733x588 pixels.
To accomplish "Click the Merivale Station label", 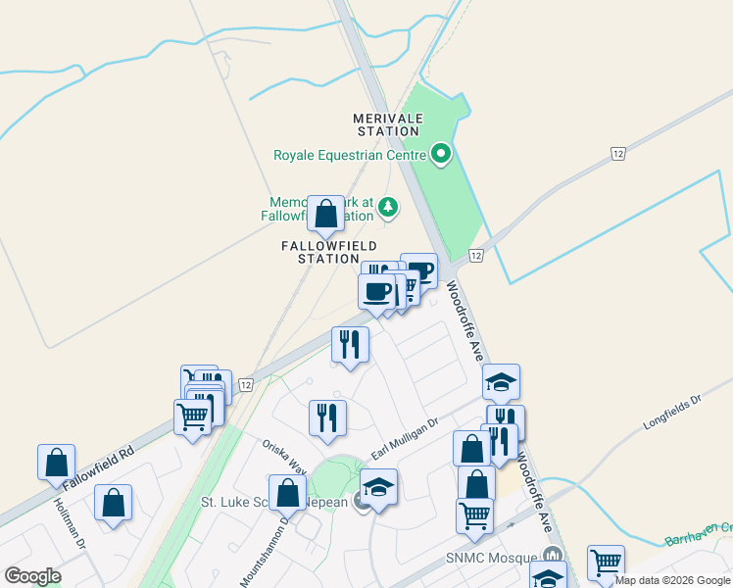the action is [388, 124].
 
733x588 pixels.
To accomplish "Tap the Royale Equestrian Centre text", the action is [349, 155].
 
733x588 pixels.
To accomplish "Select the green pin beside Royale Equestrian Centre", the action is [441, 153].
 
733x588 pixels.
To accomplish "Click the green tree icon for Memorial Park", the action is [389, 207].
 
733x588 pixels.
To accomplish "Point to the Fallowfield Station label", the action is [329, 252].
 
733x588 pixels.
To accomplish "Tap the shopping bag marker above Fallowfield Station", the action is [326, 214].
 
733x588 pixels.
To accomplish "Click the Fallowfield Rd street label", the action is [98, 468].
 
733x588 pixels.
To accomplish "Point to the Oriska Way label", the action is [284, 456].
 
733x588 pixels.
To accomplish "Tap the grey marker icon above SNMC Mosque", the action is [553, 555].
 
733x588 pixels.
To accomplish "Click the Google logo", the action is [33, 576].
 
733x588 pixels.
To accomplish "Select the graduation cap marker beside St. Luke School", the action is [378, 487].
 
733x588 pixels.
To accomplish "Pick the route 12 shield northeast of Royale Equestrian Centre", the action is [617, 154].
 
